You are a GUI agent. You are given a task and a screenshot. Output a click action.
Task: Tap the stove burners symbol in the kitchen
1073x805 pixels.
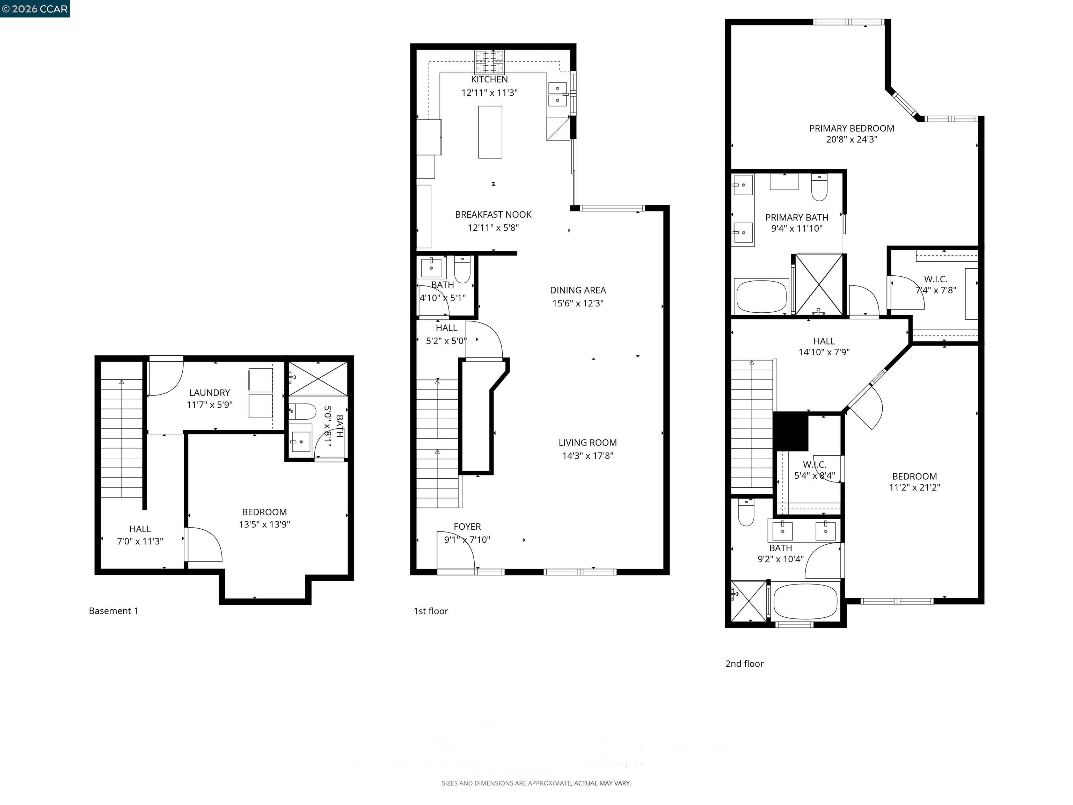tap(489, 61)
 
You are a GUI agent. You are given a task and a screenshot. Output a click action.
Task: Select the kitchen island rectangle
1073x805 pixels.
tap(490, 132)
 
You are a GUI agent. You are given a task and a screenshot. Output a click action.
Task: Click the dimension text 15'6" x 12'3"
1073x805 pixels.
tap(578, 303)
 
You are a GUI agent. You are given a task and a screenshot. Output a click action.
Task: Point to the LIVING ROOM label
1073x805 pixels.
tap(587, 443)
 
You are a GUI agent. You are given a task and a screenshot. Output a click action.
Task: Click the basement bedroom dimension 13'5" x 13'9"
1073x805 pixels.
tap(264, 524)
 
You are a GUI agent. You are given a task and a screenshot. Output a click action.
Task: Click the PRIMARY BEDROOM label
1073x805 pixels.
tap(851, 129)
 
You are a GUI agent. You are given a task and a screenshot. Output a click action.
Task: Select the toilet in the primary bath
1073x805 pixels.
tap(819, 188)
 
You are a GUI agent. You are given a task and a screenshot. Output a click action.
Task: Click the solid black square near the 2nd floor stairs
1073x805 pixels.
tap(791, 431)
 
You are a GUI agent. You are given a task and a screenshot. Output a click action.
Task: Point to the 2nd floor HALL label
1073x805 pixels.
tap(824, 341)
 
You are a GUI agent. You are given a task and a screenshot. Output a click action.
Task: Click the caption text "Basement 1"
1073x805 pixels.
tap(114, 611)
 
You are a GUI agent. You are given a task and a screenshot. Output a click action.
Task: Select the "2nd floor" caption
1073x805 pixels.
tap(744, 664)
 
